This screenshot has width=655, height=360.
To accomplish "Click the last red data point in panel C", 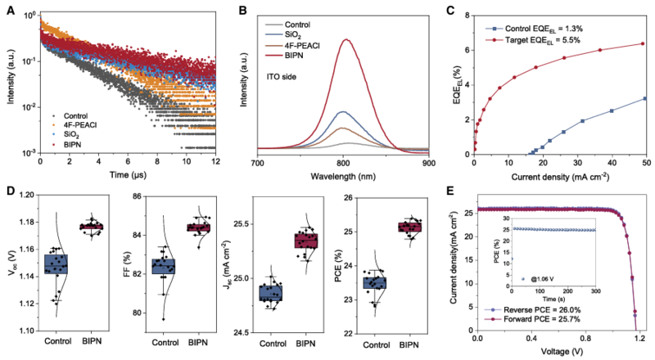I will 642,44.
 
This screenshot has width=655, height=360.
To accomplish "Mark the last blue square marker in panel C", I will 644,99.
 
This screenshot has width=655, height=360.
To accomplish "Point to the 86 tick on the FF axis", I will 138,197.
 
